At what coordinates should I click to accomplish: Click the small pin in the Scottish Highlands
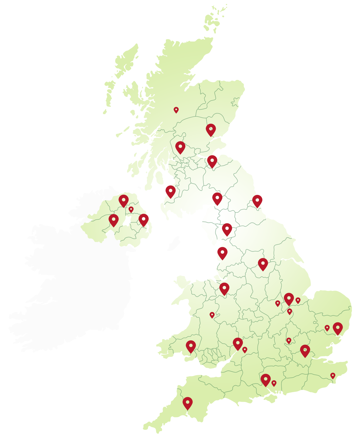click(x=176, y=110)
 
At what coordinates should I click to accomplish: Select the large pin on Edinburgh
click(x=212, y=161)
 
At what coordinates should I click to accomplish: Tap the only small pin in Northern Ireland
click(x=131, y=209)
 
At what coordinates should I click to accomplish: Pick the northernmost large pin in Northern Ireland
click(x=123, y=200)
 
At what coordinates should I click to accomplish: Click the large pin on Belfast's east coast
click(x=143, y=219)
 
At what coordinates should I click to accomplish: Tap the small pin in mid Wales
click(x=212, y=315)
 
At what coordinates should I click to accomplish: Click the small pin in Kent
click(x=333, y=375)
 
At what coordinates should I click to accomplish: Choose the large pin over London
click(x=305, y=350)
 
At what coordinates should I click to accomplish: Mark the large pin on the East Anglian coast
click(x=338, y=328)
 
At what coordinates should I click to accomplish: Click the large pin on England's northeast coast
click(x=257, y=200)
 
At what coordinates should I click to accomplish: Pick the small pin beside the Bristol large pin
click(x=245, y=349)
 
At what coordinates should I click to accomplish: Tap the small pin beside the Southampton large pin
click(x=274, y=383)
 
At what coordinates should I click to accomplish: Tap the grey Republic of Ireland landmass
click(x=81, y=283)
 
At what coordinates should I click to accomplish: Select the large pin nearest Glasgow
click(x=180, y=147)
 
